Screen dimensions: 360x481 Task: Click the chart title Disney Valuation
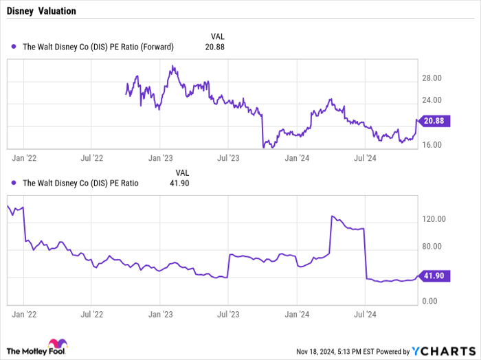coord(43,12)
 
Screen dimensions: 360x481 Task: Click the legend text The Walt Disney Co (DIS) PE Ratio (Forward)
coord(98,47)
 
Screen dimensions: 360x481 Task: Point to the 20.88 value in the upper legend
coord(215,47)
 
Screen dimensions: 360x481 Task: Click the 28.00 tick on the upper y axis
coord(432,78)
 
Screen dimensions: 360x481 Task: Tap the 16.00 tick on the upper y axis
coord(432,145)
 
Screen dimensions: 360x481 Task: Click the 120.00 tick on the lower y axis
coord(434,219)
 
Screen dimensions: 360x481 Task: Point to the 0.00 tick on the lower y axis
coord(430,302)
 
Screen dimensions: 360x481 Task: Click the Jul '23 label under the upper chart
coord(228,158)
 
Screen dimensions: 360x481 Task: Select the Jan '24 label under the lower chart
coord(297,315)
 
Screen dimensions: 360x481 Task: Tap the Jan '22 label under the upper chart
coord(25,158)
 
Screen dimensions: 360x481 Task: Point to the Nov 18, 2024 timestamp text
coord(323,351)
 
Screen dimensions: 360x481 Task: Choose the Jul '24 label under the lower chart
coord(364,315)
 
